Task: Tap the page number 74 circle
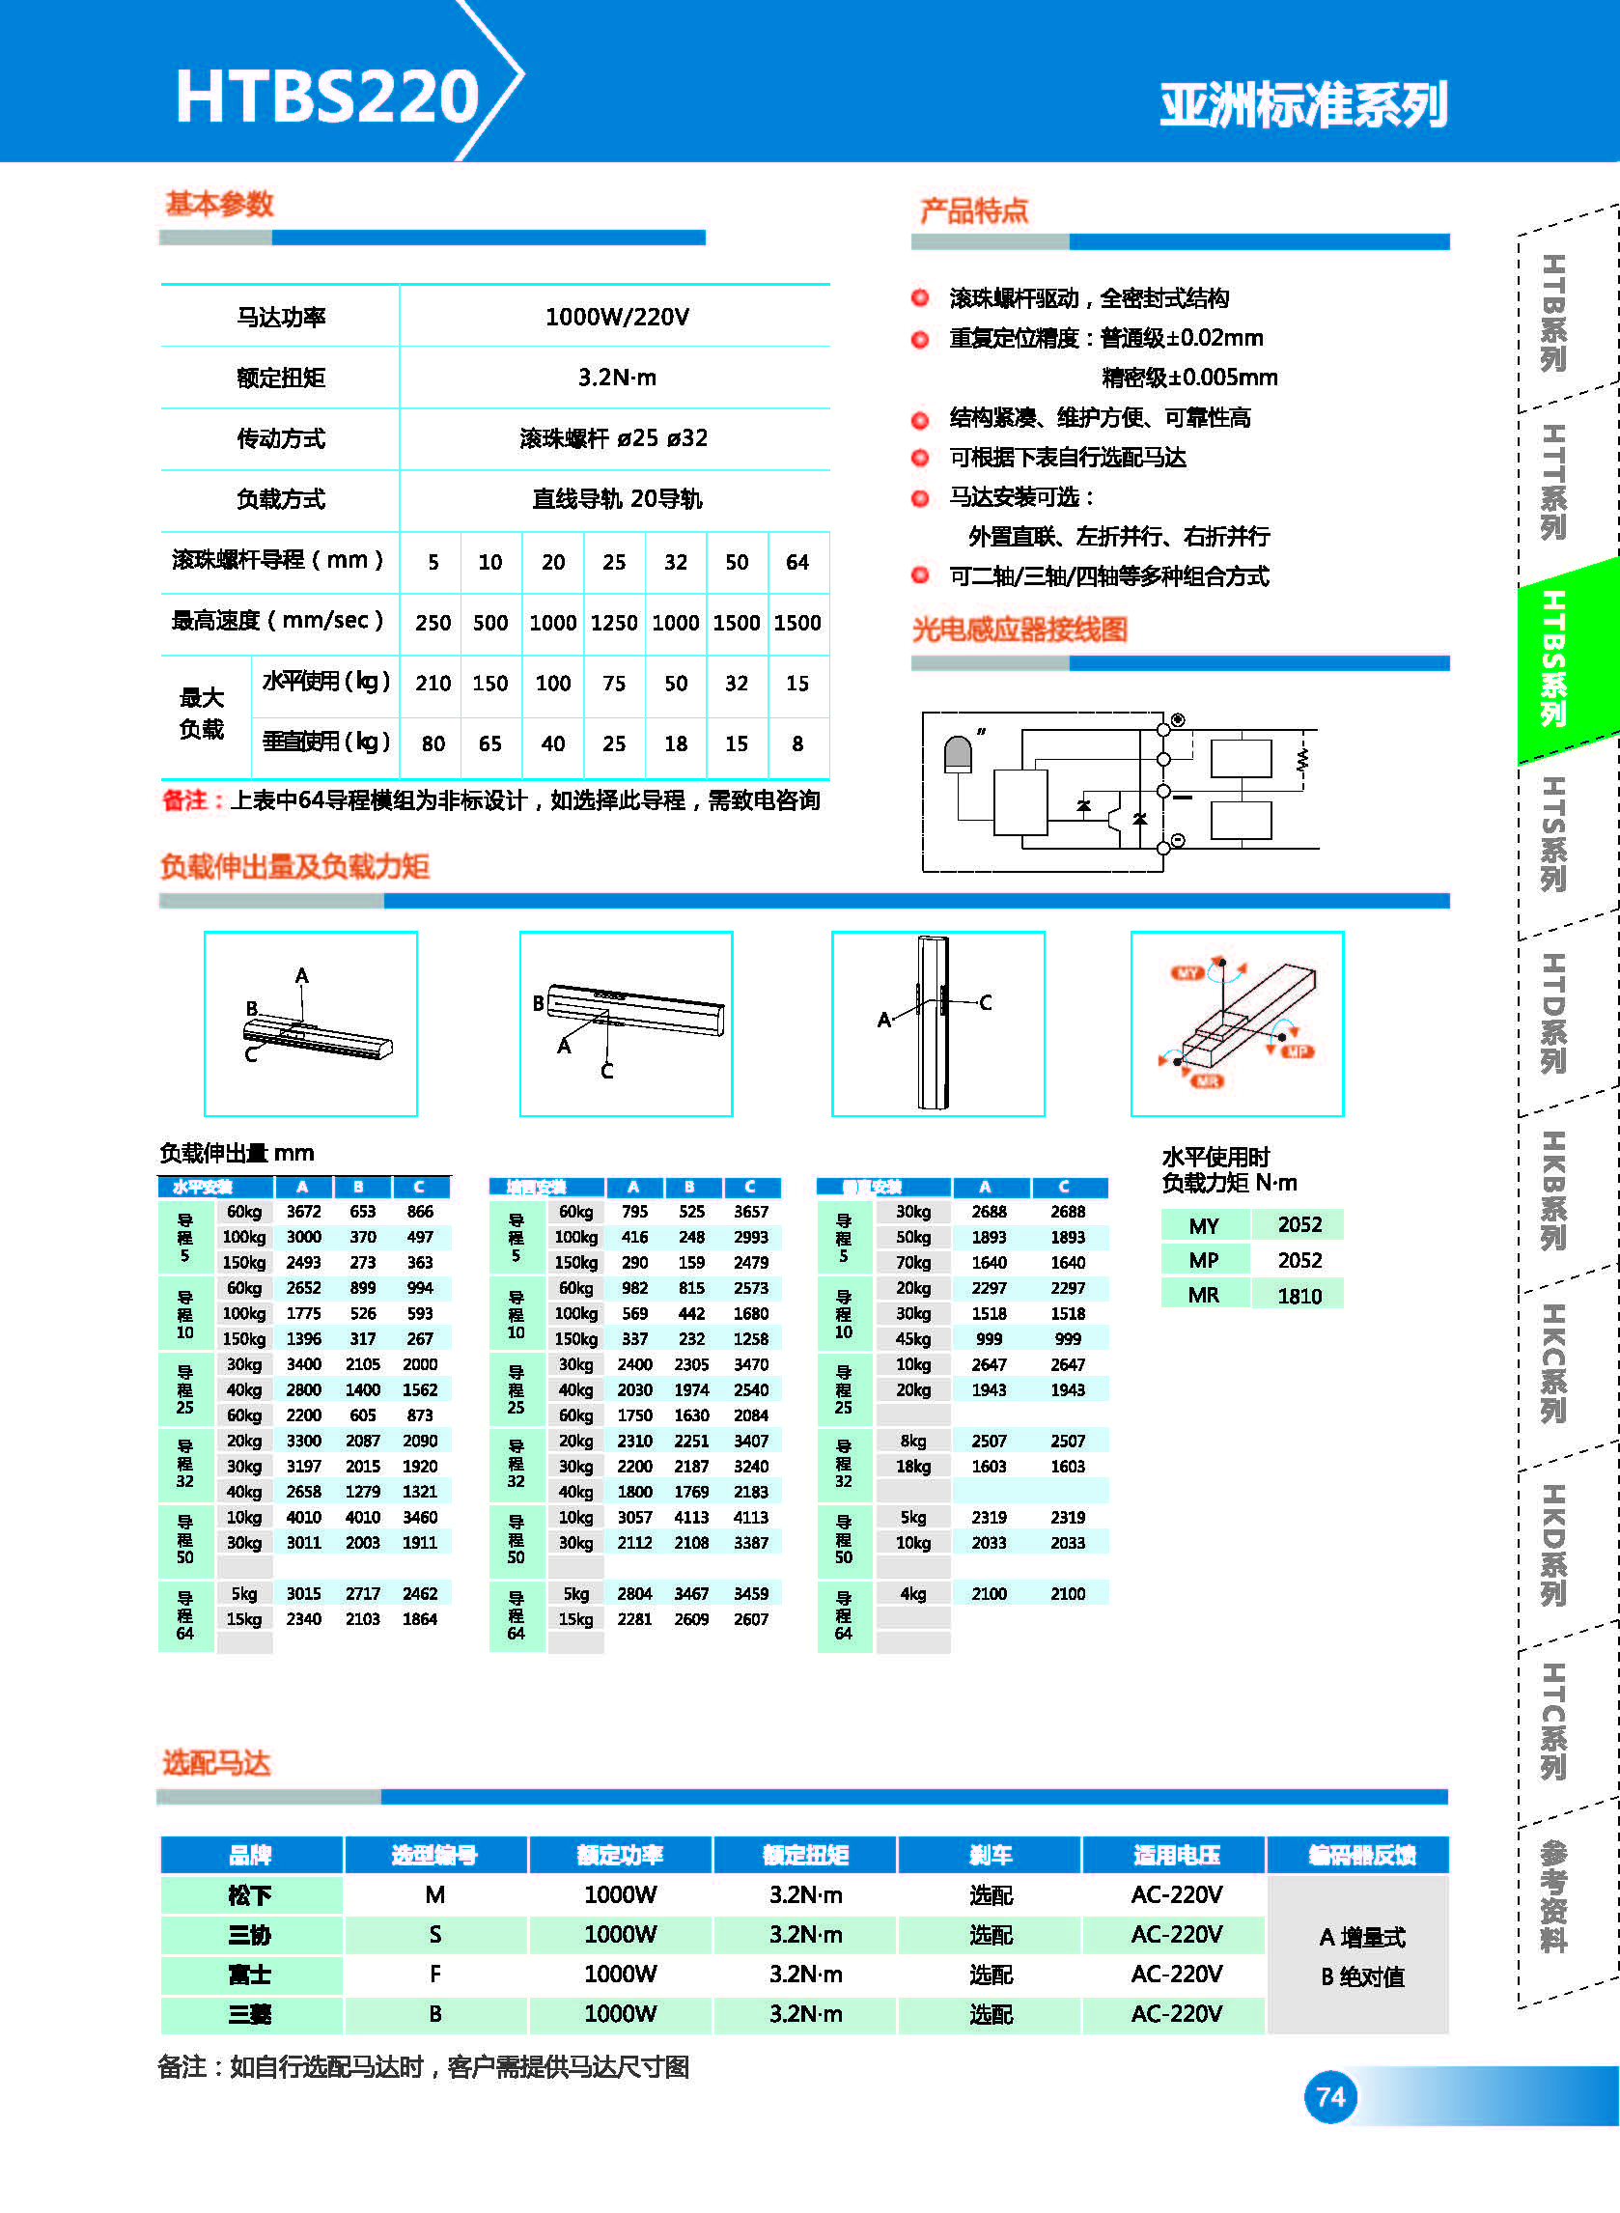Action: tap(1329, 2096)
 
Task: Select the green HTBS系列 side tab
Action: tap(1554, 658)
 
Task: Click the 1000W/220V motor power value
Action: tap(617, 317)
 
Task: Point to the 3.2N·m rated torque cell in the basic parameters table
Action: tap(617, 378)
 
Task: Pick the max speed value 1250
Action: tap(614, 623)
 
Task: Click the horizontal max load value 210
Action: tap(433, 684)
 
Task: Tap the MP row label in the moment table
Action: tap(1204, 1261)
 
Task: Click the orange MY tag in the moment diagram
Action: tap(1187, 972)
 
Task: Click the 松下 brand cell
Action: tap(250, 1895)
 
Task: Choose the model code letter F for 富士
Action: tap(434, 1974)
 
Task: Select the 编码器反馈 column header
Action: tap(1361, 1855)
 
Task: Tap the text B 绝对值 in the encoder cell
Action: tap(1362, 1976)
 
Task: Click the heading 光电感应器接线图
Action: tap(1019, 630)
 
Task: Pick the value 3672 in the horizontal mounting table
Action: tap(303, 1212)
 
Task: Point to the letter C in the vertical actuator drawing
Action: tap(986, 1002)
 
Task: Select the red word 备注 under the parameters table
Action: tap(184, 801)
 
